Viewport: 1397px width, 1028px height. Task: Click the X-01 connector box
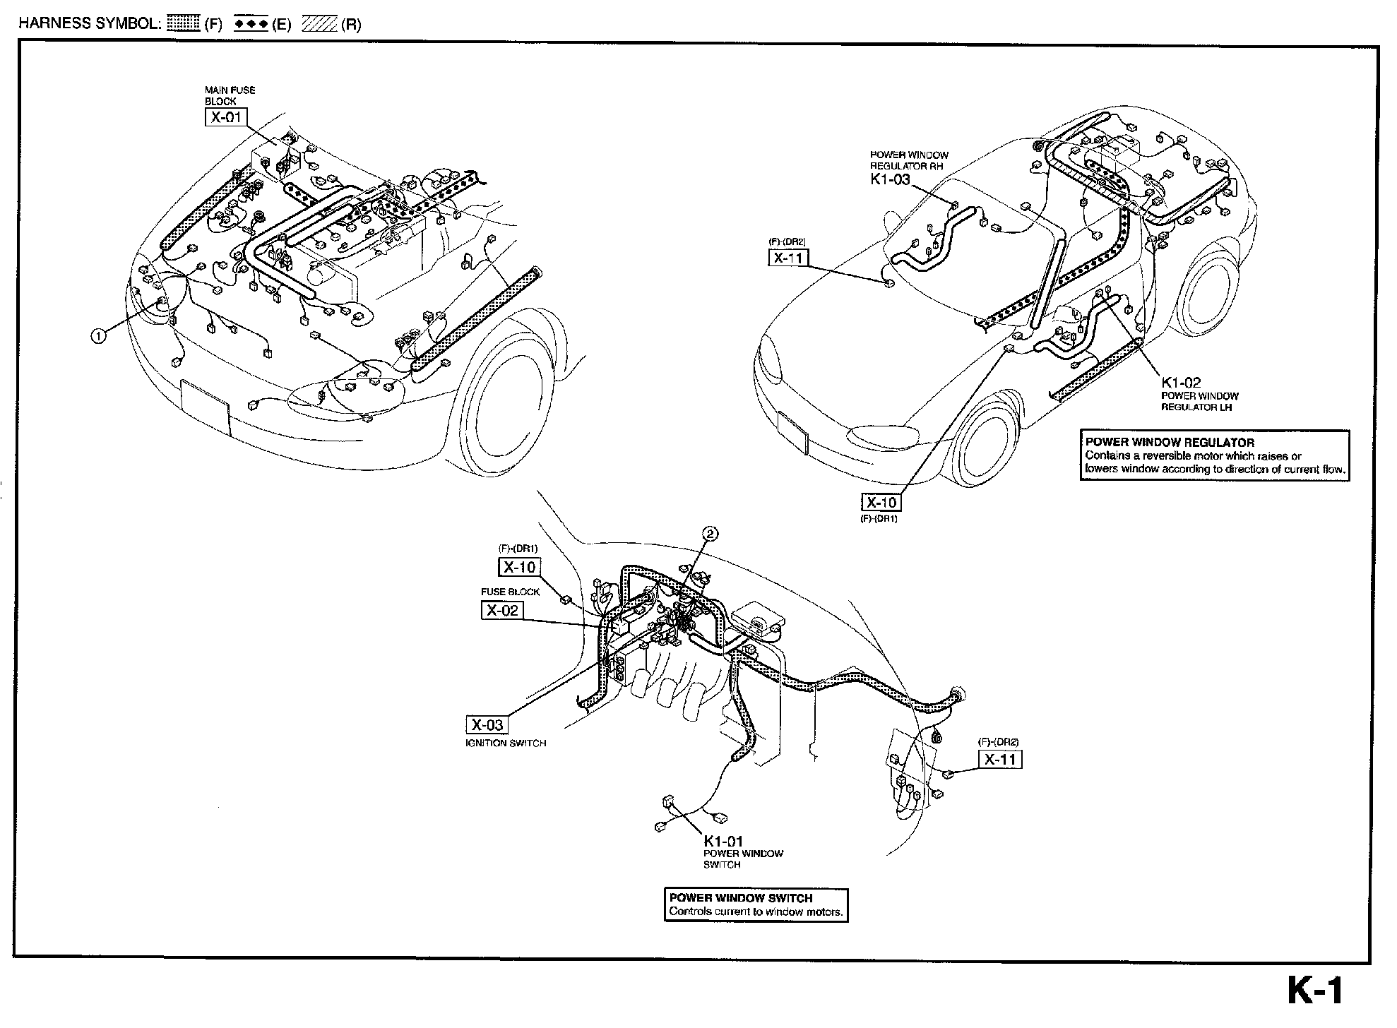click(x=226, y=117)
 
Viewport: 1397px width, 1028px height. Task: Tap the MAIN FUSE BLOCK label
click(x=230, y=95)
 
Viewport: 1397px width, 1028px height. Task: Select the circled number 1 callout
click(x=98, y=336)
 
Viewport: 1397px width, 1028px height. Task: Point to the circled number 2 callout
click(x=711, y=534)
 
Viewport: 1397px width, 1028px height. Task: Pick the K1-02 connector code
click(x=1181, y=383)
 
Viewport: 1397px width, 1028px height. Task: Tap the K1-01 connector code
click(x=723, y=841)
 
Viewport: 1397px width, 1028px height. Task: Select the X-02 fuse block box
click(x=502, y=610)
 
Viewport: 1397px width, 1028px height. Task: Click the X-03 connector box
click(x=487, y=724)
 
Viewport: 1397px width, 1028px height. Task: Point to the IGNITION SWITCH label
click(x=505, y=743)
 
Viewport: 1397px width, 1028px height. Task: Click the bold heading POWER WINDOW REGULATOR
click(x=1170, y=443)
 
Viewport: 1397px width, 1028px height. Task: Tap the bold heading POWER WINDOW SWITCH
click(x=740, y=898)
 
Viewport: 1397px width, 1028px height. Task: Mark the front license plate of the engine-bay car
click(x=205, y=406)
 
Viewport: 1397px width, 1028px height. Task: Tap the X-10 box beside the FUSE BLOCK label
click(x=519, y=567)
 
